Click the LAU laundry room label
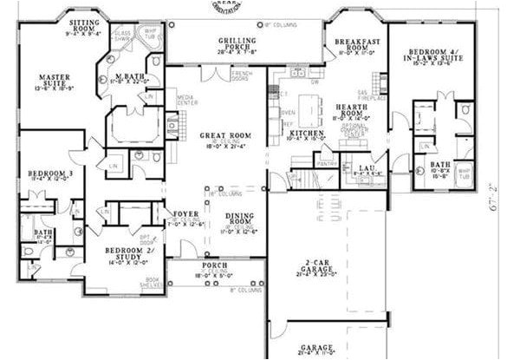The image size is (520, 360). (x=354, y=168)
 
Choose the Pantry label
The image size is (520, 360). (x=327, y=163)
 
